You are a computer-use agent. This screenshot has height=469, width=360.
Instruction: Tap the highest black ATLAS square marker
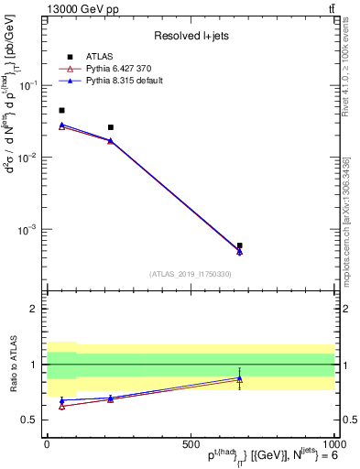61,110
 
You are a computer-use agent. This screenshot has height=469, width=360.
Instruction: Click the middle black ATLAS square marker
111,127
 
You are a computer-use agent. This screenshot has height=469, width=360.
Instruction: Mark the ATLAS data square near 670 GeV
239,245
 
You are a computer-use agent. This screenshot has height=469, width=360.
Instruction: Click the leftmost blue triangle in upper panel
61,125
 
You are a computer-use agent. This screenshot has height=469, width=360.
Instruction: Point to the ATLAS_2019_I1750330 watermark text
191,274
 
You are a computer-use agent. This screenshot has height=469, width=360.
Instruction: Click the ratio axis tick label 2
36,309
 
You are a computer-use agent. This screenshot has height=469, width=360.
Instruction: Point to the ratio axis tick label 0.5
32,420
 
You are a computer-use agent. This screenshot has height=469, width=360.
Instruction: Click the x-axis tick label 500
191,443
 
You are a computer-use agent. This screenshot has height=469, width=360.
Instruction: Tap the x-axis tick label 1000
332,443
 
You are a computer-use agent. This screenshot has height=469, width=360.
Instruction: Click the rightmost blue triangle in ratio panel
239,377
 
